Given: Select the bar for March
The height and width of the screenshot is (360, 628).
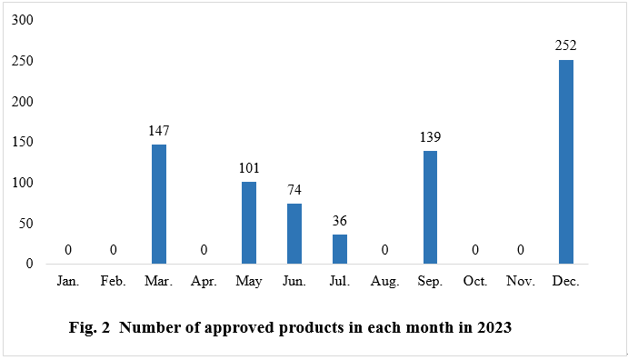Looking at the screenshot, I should [x=159, y=204].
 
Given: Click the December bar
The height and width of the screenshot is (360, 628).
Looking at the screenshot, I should [x=565, y=162].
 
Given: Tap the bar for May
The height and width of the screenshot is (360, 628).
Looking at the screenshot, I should [x=249, y=223].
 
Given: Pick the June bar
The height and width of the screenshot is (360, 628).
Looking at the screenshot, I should [x=294, y=234].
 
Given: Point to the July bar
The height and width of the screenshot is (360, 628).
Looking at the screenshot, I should [x=340, y=249].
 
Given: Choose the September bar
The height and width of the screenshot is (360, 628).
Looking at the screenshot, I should [x=430, y=207].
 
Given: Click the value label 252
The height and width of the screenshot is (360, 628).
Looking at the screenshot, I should [x=565, y=45].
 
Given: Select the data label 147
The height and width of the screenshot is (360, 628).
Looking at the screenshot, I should [x=159, y=130].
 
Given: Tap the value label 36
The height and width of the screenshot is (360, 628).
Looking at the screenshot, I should [x=340, y=220].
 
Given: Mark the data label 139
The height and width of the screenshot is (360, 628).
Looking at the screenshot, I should [x=430, y=136].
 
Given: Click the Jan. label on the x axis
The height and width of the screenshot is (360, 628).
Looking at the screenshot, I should [x=68, y=283].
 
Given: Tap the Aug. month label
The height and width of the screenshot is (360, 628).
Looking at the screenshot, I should [x=384, y=283].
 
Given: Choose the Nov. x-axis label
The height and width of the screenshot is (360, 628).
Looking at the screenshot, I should [x=520, y=283].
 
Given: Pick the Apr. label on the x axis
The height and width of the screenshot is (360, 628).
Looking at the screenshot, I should [x=204, y=283].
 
